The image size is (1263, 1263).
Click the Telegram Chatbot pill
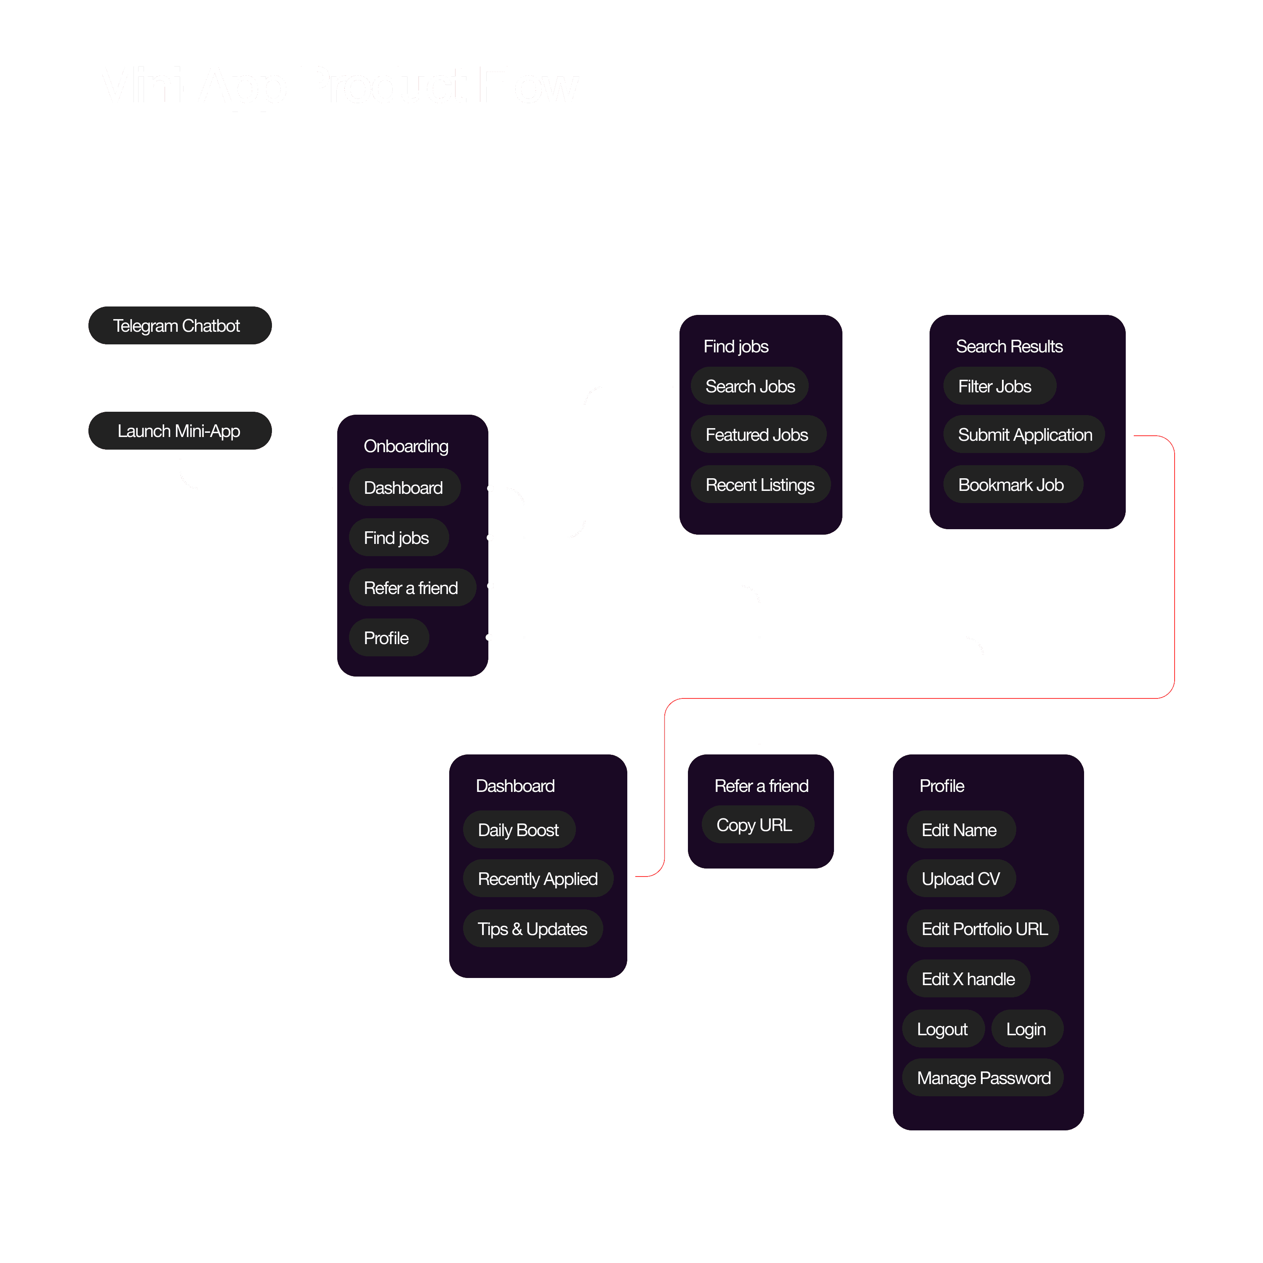[180, 325]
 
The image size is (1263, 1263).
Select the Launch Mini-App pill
[180, 431]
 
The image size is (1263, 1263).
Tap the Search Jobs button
[750, 386]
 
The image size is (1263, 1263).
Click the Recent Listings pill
[760, 485]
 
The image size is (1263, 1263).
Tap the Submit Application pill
[1024, 435]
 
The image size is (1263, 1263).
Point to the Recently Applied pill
[537, 879]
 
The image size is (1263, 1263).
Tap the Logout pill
[943, 1029]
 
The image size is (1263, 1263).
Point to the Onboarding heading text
[406, 447]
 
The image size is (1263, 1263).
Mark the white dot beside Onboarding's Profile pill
[489, 637]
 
